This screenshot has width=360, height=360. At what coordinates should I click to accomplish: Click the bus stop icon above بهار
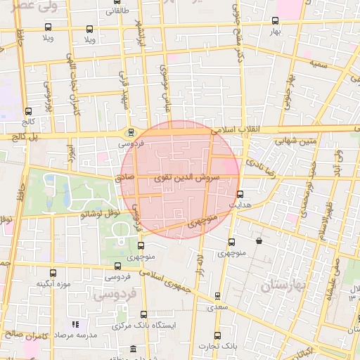coord(275,20)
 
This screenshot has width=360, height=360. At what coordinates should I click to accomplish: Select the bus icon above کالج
coord(29,110)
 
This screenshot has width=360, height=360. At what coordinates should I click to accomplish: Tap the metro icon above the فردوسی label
coord(130,131)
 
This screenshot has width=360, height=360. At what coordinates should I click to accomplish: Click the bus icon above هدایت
coord(240,194)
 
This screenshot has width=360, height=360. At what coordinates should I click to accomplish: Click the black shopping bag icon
coord(259,240)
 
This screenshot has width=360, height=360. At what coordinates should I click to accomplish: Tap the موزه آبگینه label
coord(53,284)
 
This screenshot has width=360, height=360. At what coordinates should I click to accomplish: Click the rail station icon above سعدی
coord(217,296)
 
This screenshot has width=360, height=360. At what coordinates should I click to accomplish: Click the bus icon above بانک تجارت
coord(217,335)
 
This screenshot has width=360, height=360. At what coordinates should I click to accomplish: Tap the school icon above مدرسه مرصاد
coord(75,325)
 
